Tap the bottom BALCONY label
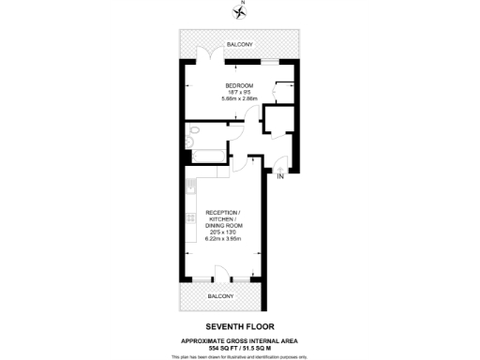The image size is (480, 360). [x=219, y=296]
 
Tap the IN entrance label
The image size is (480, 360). [x=279, y=175]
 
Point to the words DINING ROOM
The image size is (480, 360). [x=224, y=227]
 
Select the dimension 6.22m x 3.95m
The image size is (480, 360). [x=224, y=240]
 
